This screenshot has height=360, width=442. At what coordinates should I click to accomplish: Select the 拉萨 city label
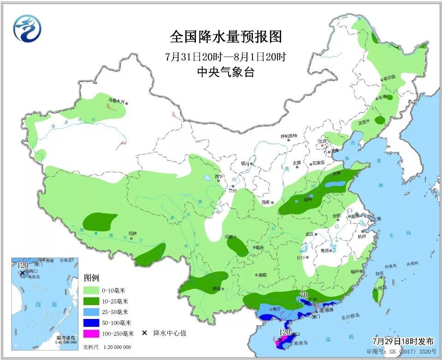132,234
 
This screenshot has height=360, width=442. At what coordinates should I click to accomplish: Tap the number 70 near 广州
304,295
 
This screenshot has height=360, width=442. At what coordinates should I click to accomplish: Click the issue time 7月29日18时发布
403,342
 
